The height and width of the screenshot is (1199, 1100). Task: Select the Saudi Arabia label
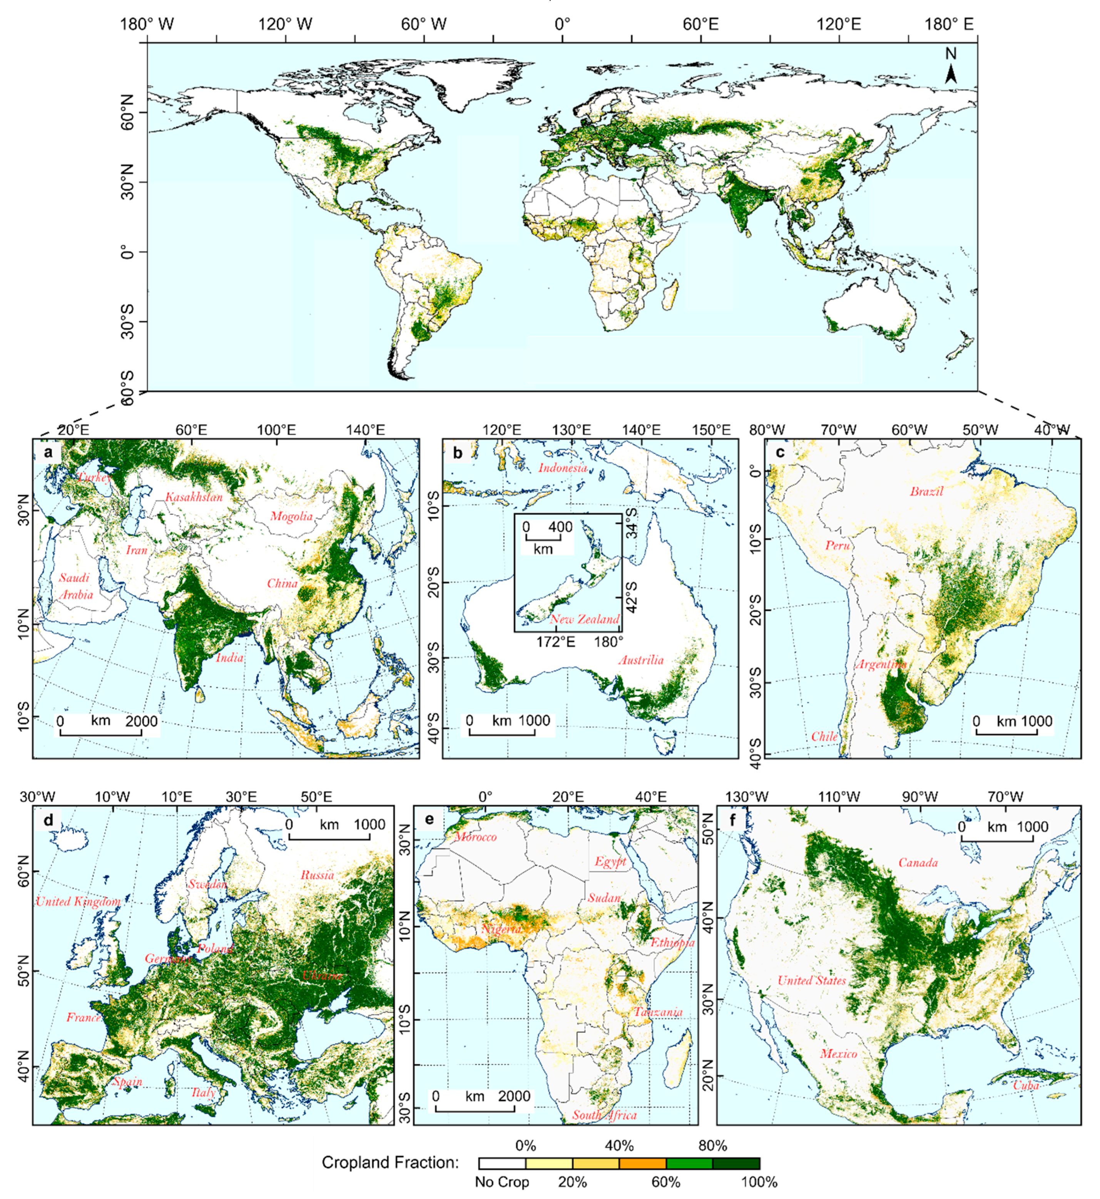[x=75, y=586]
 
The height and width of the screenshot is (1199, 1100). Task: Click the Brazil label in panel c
[x=926, y=491]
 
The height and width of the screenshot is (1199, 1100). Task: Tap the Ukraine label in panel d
[x=322, y=976]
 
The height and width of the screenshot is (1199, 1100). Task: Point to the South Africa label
[x=604, y=1115]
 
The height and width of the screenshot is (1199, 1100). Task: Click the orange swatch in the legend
[x=642, y=1163]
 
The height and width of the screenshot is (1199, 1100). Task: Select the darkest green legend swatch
[x=736, y=1163]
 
